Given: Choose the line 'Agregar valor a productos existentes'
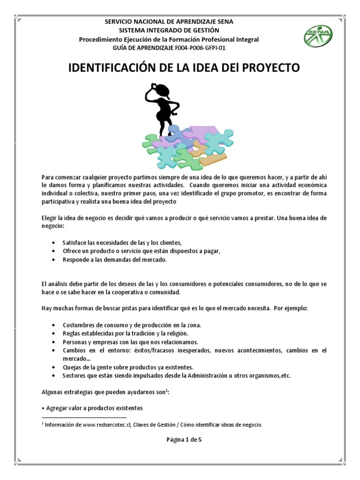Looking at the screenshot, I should pyautogui.click(x=94, y=407).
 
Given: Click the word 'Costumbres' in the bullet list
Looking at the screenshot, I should pyautogui.click(x=77, y=325).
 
